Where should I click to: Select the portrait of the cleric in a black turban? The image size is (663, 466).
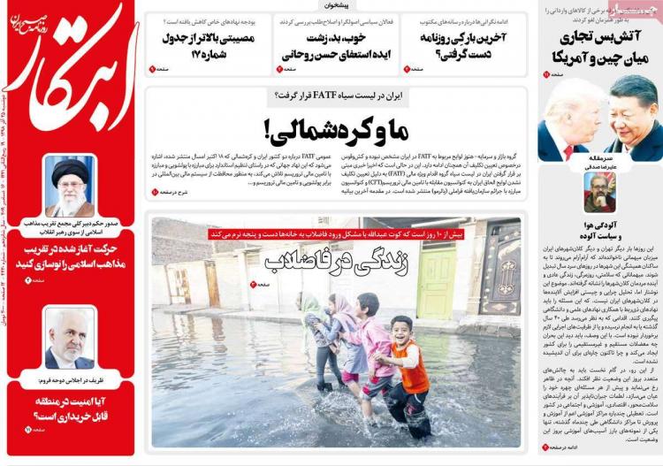tap(70, 185)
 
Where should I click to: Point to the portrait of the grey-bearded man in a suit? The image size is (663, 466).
tap(70, 338)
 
